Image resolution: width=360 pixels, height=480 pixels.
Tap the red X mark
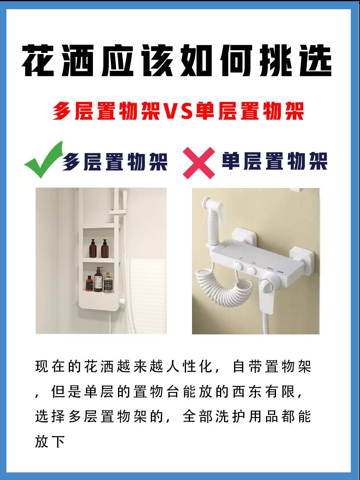(199, 163)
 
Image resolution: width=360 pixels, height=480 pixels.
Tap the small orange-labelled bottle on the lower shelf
(89, 284)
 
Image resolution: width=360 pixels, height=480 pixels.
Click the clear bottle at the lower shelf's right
(108, 282)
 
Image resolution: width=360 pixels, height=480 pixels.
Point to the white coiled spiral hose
(225, 284)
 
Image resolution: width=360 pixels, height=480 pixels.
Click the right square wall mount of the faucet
(302, 256)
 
